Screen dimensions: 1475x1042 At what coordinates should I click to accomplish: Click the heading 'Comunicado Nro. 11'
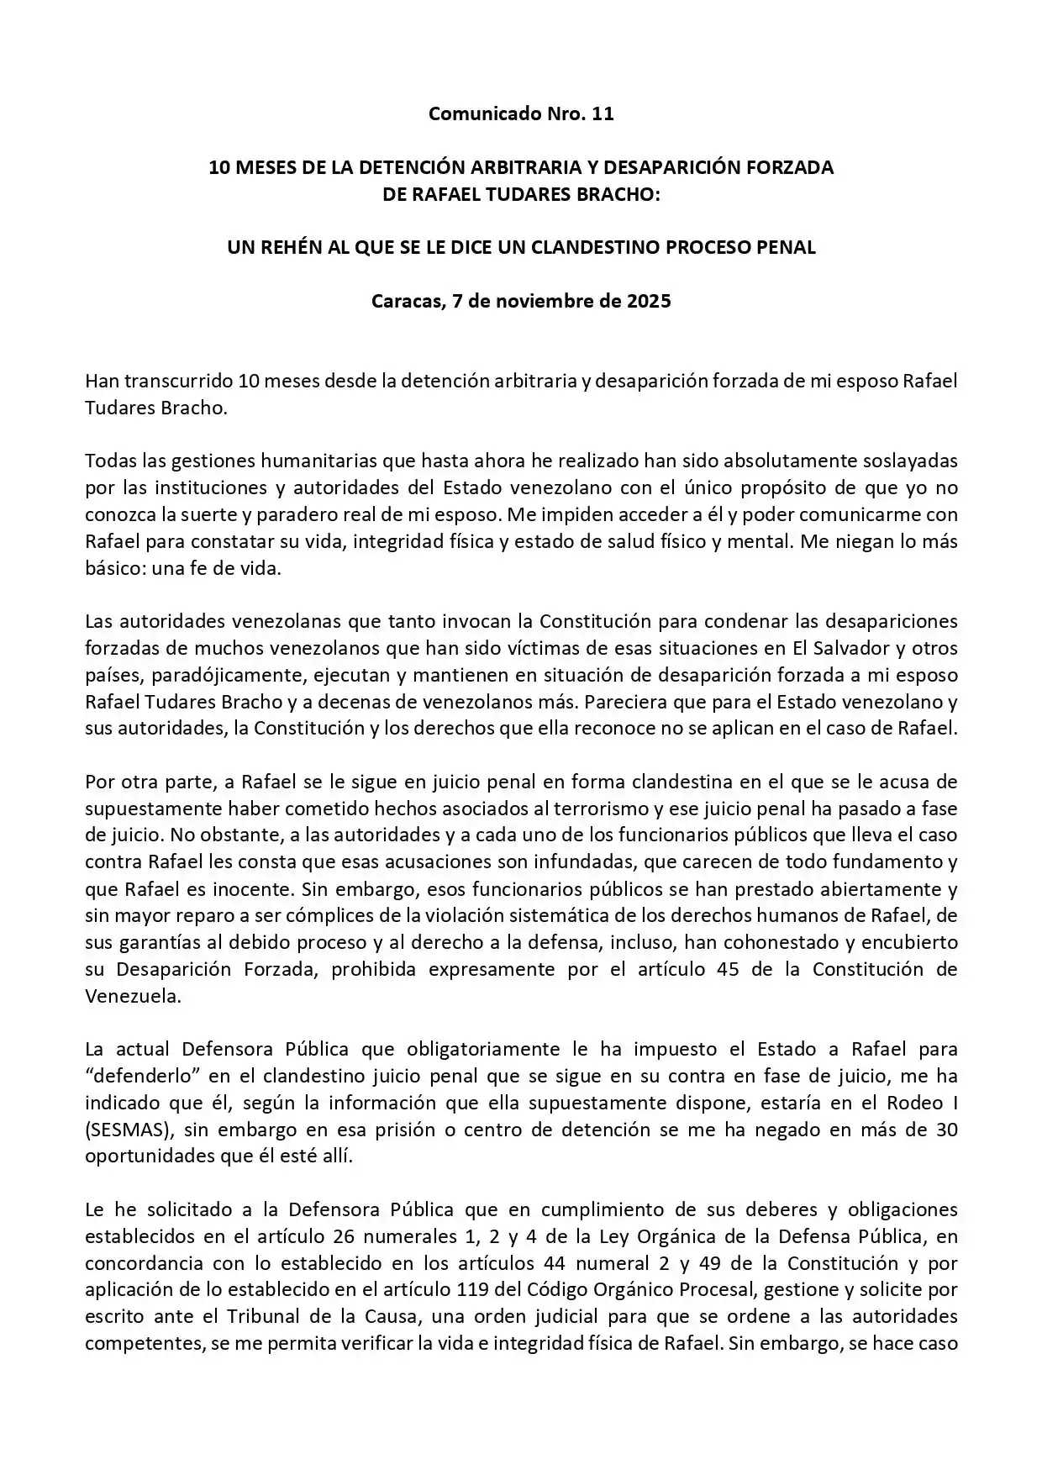(x=521, y=113)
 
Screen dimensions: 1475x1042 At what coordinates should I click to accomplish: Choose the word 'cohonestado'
(x=765, y=942)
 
